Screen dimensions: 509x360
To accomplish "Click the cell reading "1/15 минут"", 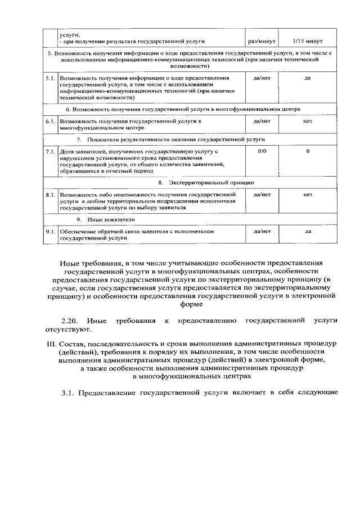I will pyautogui.click(x=307, y=41).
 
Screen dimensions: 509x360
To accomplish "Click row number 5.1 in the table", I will pyautogui.click(x=49, y=77).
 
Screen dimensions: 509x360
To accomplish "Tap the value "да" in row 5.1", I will pyautogui.click(x=307, y=77).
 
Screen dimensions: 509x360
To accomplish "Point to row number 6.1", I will pyautogui.click(x=49, y=121).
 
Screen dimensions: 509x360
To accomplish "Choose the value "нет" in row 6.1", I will pyautogui.click(x=307, y=121).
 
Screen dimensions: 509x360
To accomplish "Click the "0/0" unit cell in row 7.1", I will pyautogui.click(x=262, y=152).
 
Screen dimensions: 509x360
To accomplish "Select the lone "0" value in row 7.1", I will pyautogui.click(x=308, y=152).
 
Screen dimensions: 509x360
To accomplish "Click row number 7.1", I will pyautogui.click(x=49, y=152).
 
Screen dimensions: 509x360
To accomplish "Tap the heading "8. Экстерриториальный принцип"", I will pyautogui.click(x=206, y=183).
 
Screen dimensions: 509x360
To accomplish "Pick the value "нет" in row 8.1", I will pyautogui.click(x=307, y=195).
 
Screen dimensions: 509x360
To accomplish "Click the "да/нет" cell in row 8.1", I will pyautogui.click(x=262, y=195).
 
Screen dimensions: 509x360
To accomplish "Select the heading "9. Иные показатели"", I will pyautogui.click(x=105, y=219).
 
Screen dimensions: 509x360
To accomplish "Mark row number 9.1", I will pyautogui.click(x=49, y=231).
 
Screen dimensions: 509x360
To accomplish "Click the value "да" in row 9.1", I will pyautogui.click(x=308, y=231).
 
